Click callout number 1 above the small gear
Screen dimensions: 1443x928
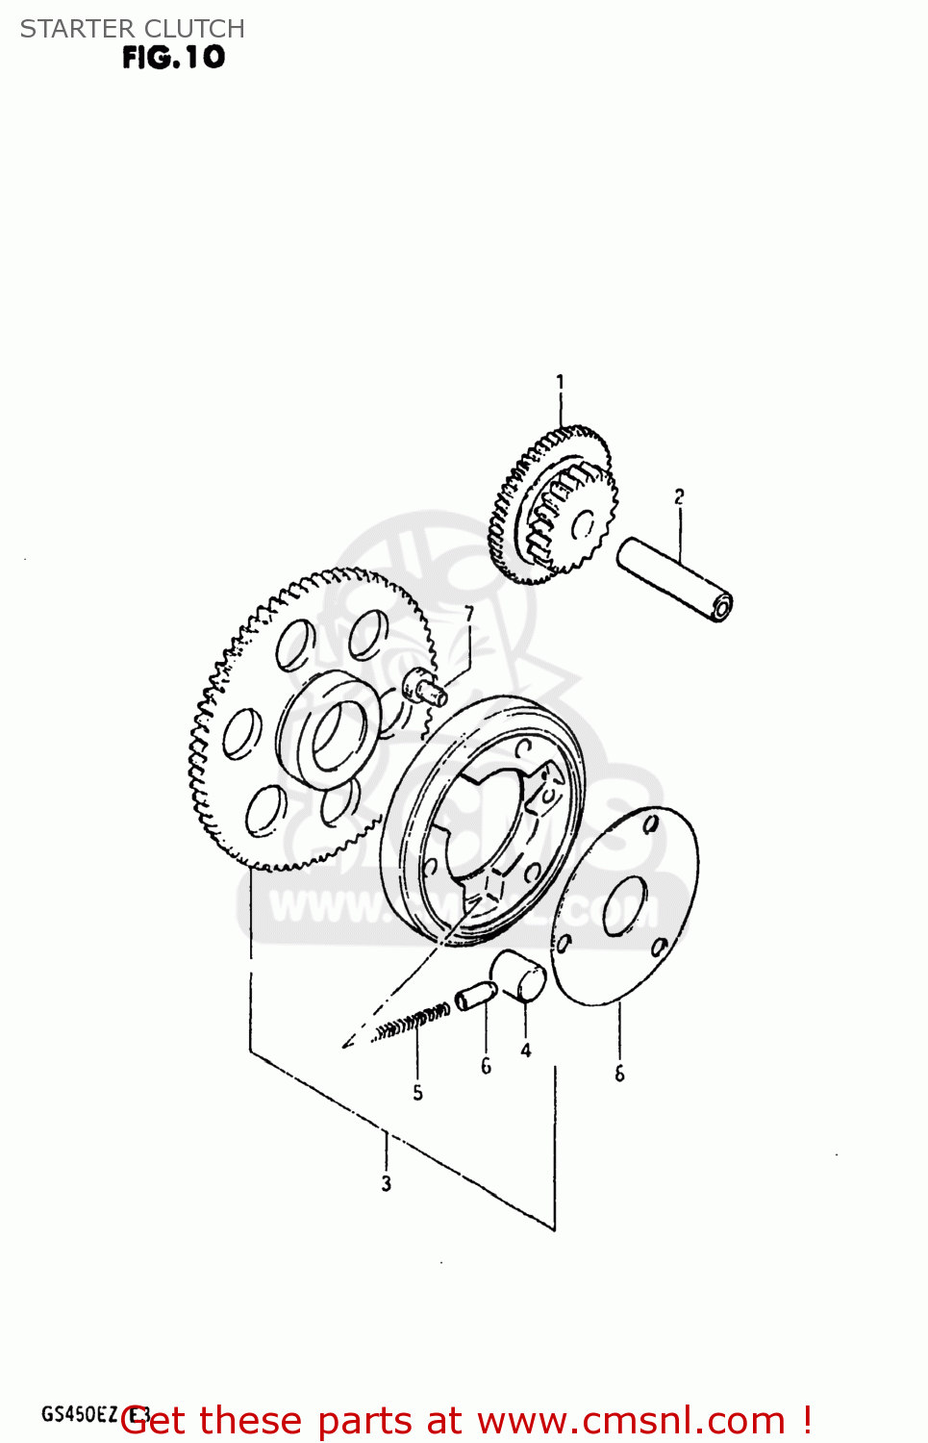coord(560,383)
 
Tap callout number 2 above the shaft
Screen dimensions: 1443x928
coord(679,496)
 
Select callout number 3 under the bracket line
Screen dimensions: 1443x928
coord(386,1183)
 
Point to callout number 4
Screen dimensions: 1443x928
coord(526,1051)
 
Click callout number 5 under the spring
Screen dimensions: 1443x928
coord(417,1093)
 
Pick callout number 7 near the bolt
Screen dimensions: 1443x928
coord(469,614)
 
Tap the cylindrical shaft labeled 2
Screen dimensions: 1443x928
coord(673,579)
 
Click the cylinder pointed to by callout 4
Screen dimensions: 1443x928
coord(519,976)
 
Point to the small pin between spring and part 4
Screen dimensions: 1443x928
coord(476,996)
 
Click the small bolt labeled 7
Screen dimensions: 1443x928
coord(424,687)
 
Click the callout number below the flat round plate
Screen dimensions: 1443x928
coord(619,1074)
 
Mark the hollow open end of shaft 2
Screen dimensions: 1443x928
coord(721,605)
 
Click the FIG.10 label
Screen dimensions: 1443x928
coord(174,58)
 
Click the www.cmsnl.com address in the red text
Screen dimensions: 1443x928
coord(631,1421)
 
